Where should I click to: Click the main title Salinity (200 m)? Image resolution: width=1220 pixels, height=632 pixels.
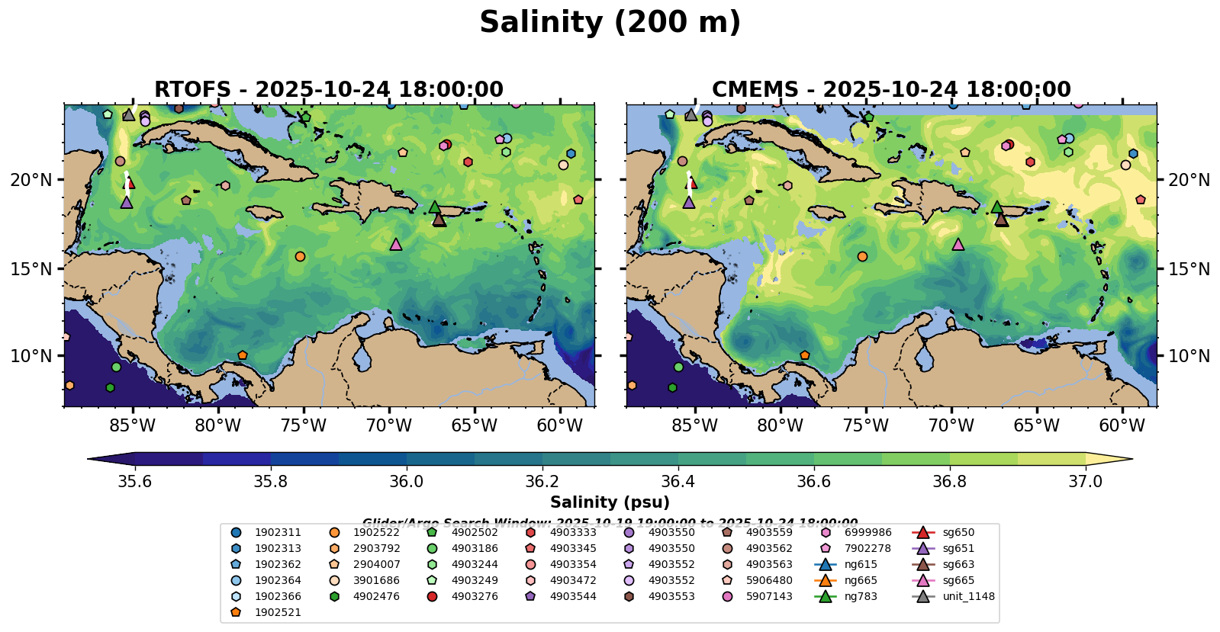[610, 23]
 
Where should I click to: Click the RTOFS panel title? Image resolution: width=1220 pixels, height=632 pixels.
[329, 90]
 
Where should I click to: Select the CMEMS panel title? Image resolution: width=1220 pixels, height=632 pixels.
[891, 90]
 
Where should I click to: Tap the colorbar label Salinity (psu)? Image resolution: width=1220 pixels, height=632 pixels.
[610, 502]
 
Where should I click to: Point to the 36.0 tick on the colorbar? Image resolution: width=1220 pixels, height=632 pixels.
[406, 481]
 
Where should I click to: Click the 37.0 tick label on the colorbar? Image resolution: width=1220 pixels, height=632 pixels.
[1085, 481]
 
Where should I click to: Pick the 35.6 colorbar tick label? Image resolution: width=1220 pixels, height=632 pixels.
[135, 481]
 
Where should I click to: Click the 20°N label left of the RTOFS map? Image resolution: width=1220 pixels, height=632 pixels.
[31, 180]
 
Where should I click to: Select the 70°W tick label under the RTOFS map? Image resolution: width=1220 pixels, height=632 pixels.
[389, 425]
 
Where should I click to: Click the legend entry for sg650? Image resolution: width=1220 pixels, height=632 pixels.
[958, 532]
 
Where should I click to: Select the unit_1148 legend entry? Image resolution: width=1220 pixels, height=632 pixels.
[968, 596]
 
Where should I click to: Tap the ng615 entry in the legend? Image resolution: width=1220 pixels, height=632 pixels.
[861, 564]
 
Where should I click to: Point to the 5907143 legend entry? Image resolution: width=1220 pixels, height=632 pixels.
[769, 596]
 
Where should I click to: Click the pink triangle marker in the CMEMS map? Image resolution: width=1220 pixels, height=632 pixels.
[958, 244]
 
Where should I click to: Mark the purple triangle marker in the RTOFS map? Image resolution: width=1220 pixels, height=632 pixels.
[127, 202]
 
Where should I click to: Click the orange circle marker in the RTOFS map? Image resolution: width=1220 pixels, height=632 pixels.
[300, 256]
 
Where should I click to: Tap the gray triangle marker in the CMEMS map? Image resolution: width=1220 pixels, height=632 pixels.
[690, 114]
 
